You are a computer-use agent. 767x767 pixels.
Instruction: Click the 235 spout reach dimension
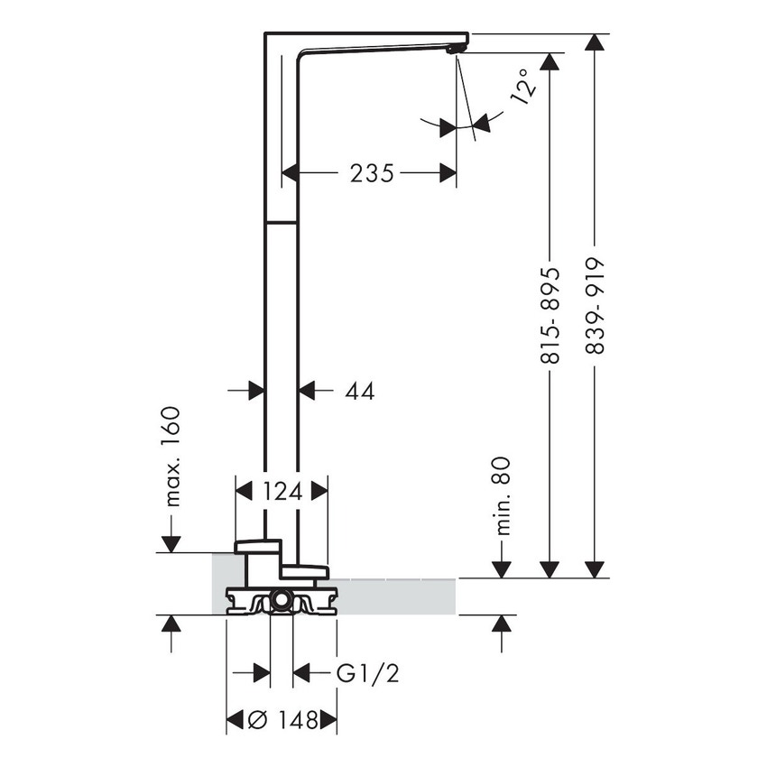click(372, 173)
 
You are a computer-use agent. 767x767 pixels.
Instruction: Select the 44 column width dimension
click(359, 391)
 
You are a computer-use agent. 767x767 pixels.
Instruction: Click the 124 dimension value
click(282, 491)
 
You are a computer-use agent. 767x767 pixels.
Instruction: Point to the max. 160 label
click(171, 456)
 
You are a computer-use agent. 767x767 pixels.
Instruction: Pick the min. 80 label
click(503, 495)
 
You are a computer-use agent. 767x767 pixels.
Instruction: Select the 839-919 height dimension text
click(595, 307)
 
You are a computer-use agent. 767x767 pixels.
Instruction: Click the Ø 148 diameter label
click(282, 720)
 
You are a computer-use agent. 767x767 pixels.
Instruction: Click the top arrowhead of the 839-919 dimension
click(594, 43)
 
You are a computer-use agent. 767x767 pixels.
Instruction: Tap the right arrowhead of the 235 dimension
click(448, 173)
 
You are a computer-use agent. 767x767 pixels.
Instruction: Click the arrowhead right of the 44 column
click(307, 391)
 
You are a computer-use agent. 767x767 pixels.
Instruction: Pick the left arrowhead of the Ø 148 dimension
click(234, 720)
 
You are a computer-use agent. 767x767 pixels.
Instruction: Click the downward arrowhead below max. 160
click(171, 544)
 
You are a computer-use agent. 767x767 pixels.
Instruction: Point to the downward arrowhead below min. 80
click(502, 568)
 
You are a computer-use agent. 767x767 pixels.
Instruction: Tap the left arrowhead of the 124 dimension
click(244, 491)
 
